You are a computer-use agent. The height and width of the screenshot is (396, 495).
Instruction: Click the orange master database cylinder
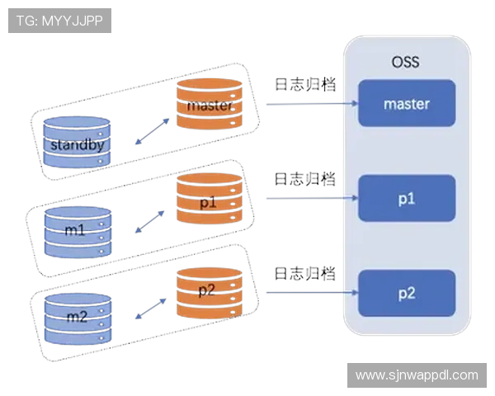tap(209, 104)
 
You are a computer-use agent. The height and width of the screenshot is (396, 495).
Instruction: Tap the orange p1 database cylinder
tap(209, 198)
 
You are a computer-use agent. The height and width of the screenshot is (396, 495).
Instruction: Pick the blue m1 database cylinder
tap(77, 229)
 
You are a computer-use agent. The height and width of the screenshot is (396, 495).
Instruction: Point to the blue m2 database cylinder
tap(77, 318)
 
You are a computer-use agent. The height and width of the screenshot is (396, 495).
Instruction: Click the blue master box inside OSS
tap(407, 103)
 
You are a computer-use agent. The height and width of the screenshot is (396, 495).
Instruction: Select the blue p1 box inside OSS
tap(407, 199)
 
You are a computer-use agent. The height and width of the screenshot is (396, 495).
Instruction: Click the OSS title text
tap(406, 61)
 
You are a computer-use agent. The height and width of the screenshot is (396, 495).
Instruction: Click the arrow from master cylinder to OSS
tap(309, 104)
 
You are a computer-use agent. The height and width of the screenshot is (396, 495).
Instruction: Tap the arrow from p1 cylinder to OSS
tap(309, 198)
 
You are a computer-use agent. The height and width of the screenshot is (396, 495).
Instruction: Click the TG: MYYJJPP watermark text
tap(60, 20)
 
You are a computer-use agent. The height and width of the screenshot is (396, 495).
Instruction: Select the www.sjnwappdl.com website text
tap(416, 375)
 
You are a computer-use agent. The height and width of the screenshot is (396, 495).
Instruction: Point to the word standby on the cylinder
tap(76, 146)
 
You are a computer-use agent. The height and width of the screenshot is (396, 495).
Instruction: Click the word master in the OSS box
tap(407, 104)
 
